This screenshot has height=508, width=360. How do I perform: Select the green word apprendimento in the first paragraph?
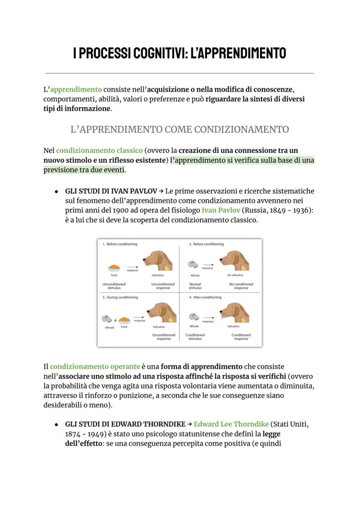coord(76,90)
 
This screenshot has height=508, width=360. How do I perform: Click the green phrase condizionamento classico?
coord(99,150)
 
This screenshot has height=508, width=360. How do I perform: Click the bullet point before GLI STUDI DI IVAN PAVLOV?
coord(57,192)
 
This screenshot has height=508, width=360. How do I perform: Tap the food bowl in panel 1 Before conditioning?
coord(114,267)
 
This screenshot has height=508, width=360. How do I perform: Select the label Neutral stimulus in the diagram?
coord(195,286)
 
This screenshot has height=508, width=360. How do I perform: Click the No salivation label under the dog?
coord(235,275)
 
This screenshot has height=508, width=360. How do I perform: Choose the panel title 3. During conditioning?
coord(120,297)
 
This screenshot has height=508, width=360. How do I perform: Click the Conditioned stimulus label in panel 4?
coord(195,337)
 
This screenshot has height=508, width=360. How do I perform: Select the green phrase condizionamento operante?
coord(95,367)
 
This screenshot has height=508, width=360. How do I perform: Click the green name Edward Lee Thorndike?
coord(231,424)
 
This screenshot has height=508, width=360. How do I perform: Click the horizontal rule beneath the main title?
coord(180,73)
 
